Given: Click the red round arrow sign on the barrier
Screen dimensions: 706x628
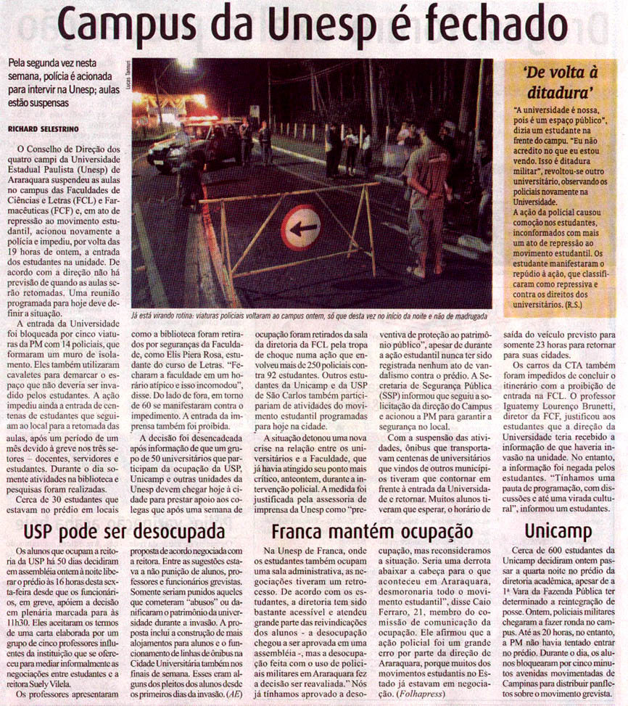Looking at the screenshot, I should point(300,228).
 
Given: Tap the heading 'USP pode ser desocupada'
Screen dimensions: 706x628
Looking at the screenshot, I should point(124,532).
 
